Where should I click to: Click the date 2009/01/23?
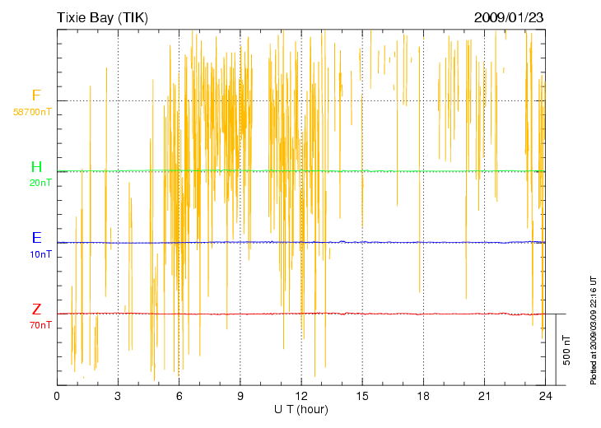[x=509, y=16]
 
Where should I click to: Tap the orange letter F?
[x=36, y=95]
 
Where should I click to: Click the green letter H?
[x=36, y=167]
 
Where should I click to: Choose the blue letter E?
[x=36, y=238]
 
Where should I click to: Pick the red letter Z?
[x=36, y=309]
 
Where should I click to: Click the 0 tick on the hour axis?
[x=57, y=397]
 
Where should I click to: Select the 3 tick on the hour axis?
[x=118, y=397]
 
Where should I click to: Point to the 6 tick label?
[x=179, y=397]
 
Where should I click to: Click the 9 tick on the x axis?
[x=240, y=397]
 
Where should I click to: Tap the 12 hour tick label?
[x=301, y=397]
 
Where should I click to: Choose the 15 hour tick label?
[x=362, y=397]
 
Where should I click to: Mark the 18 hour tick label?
[x=423, y=397]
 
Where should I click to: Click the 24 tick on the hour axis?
[x=545, y=397]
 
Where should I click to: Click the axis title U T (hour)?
[x=300, y=409]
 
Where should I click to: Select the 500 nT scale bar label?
[x=567, y=350]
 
